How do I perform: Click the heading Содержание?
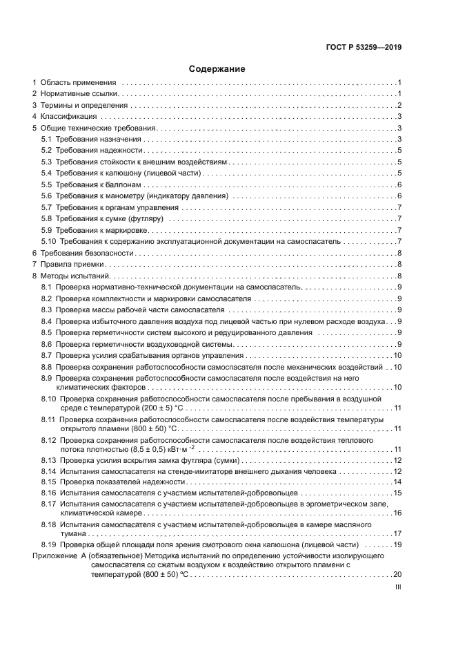217,69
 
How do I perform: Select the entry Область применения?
78,82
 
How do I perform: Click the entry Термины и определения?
84,105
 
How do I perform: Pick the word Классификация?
69,116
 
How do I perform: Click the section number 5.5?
47,184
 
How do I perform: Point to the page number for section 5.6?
399,196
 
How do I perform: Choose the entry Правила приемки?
72,264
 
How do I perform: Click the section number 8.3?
47,310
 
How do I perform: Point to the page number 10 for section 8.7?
397,355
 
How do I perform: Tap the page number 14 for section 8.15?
397,482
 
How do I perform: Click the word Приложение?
56,555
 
